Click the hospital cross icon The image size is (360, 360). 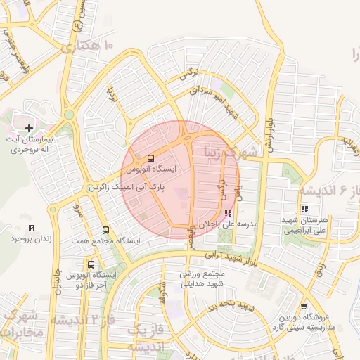point(29,128)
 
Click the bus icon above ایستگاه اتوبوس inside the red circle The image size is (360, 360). point(151,157)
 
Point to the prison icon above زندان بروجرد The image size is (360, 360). point(31,228)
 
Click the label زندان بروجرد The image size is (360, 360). point(32,239)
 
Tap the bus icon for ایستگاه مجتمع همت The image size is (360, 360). point(105,230)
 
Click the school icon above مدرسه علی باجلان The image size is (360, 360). point(228,214)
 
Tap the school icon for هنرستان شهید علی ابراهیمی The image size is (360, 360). point(305,209)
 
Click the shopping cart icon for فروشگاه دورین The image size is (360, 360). point(303,307)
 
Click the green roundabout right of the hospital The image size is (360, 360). point(69,114)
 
